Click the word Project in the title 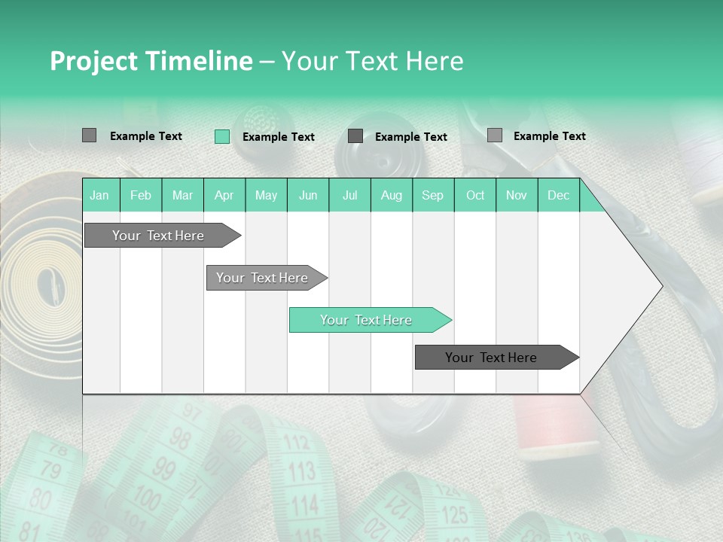pos(93,61)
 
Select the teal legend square pos(221,136)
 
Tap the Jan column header pos(99,195)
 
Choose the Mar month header pos(182,195)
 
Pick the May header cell pos(266,195)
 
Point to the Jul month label pos(349,195)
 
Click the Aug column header pos(391,195)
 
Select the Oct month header pos(474,195)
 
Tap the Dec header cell pos(558,195)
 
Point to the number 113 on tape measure pos(301,472)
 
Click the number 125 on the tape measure pos(453,515)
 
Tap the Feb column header pos(141,195)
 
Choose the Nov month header pos(517,195)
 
